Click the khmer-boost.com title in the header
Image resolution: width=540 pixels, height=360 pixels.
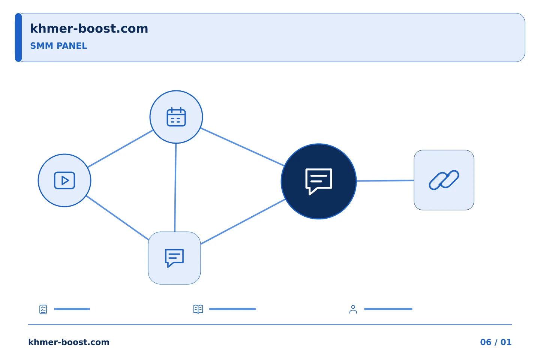pos(89,29)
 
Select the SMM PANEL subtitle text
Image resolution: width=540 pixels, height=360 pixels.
pos(58,46)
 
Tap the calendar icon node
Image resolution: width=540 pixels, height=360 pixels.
pos(176,117)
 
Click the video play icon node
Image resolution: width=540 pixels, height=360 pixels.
pos(64,180)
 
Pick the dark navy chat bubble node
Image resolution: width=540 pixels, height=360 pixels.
pos(319,181)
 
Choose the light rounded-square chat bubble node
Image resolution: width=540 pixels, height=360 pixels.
pos(174,258)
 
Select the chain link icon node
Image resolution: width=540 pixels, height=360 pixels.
pos(444,180)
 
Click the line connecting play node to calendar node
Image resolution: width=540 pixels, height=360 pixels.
pos(120,149)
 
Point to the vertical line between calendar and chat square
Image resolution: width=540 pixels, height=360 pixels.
pos(175,187)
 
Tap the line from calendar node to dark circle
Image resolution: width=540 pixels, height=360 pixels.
pos(242,147)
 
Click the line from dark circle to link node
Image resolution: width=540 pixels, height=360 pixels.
pos(385,181)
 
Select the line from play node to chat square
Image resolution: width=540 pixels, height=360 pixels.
pos(117,218)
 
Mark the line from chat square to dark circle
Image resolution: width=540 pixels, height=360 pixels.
pos(243,222)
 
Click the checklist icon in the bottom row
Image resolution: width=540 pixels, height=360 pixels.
pos(43,309)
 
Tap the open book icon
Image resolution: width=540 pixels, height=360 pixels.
pos(198,309)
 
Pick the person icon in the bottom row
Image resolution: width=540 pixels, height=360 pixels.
pos(353,309)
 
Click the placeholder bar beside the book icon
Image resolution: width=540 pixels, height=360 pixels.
pos(232,309)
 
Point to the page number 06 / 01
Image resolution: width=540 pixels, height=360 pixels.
pos(496,342)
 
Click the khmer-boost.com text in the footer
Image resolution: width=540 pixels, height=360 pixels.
pos(69,342)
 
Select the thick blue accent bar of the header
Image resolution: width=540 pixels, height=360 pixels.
pos(18,37)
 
